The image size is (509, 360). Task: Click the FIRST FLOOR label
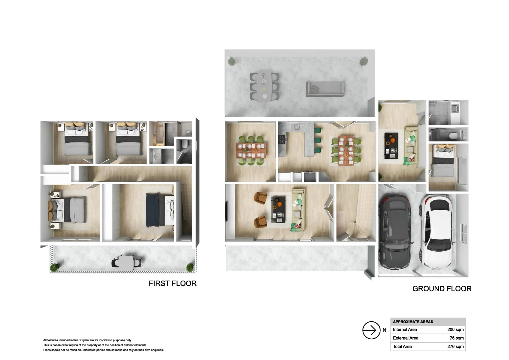pyautogui.click(x=173, y=283)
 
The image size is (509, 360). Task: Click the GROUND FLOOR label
pyautogui.click(x=442, y=289)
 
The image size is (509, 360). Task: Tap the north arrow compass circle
pyautogui.click(x=371, y=330)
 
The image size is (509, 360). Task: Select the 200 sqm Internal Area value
pyautogui.click(x=455, y=330)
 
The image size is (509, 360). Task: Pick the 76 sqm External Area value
pyautogui.click(x=456, y=338)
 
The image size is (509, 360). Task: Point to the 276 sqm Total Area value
pyautogui.click(x=455, y=347)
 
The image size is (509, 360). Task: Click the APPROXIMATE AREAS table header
pyautogui.click(x=413, y=322)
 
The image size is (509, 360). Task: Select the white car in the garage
pyautogui.click(x=436, y=230)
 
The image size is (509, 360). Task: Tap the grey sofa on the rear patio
pyautogui.click(x=325, y=89)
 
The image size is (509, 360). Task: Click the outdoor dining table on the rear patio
pyautogui.click(x=264, y=86)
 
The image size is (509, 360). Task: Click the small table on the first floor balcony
pyautogui.click(x=127, y=262)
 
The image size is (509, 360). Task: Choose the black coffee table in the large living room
pyautogui.click(x=278, y=209)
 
